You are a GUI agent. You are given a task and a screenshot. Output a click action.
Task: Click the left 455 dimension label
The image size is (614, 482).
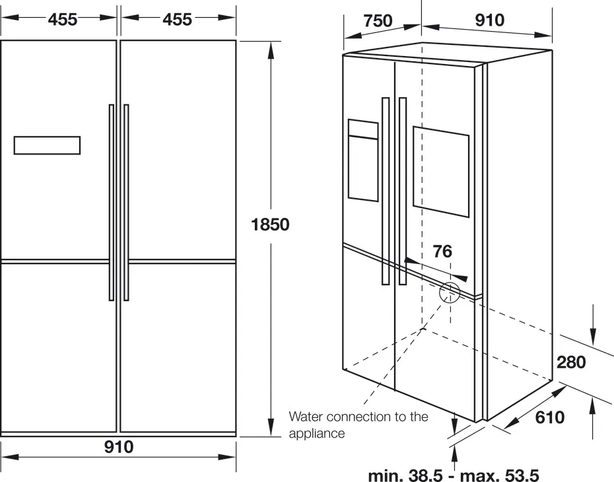click(x=63, y=20)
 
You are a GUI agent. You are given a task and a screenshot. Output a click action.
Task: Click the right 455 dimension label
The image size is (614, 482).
click(x=177, y=20)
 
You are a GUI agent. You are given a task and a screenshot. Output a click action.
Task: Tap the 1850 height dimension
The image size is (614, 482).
click(x=270, y=224)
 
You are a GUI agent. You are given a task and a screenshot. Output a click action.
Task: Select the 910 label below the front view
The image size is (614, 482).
click(x=119, y=447)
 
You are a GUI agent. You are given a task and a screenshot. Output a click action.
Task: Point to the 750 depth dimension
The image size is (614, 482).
click(x=378, y=20)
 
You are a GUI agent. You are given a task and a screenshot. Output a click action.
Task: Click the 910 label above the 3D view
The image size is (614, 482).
click(x=489, y=20)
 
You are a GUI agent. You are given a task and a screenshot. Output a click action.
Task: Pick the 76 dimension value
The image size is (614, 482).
click(x=442, y=252)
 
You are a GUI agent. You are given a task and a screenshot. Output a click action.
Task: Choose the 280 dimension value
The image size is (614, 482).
click(x=571, y=362)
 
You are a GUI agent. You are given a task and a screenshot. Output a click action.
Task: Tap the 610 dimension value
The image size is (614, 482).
click(x=549, y=417)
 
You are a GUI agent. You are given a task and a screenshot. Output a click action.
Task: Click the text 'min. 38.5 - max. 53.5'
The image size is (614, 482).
click(x=454, y=475)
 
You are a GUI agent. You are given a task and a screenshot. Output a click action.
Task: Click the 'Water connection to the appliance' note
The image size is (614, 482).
click(x=358, y=425)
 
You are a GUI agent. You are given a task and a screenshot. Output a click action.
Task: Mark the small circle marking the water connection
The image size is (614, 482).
click(x=450, y=291)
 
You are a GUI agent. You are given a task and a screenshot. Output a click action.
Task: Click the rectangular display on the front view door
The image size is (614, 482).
click(x=47, y=145)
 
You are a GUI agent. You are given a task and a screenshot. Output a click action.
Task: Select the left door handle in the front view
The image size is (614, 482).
click(x=112, y=202)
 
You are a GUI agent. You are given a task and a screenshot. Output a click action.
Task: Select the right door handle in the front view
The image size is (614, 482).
click(x=126, y=202)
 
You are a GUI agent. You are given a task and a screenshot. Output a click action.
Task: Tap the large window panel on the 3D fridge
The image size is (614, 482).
click(x=441, y=171)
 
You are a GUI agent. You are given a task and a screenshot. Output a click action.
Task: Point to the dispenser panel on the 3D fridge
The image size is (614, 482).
click(x=363, y=160)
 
